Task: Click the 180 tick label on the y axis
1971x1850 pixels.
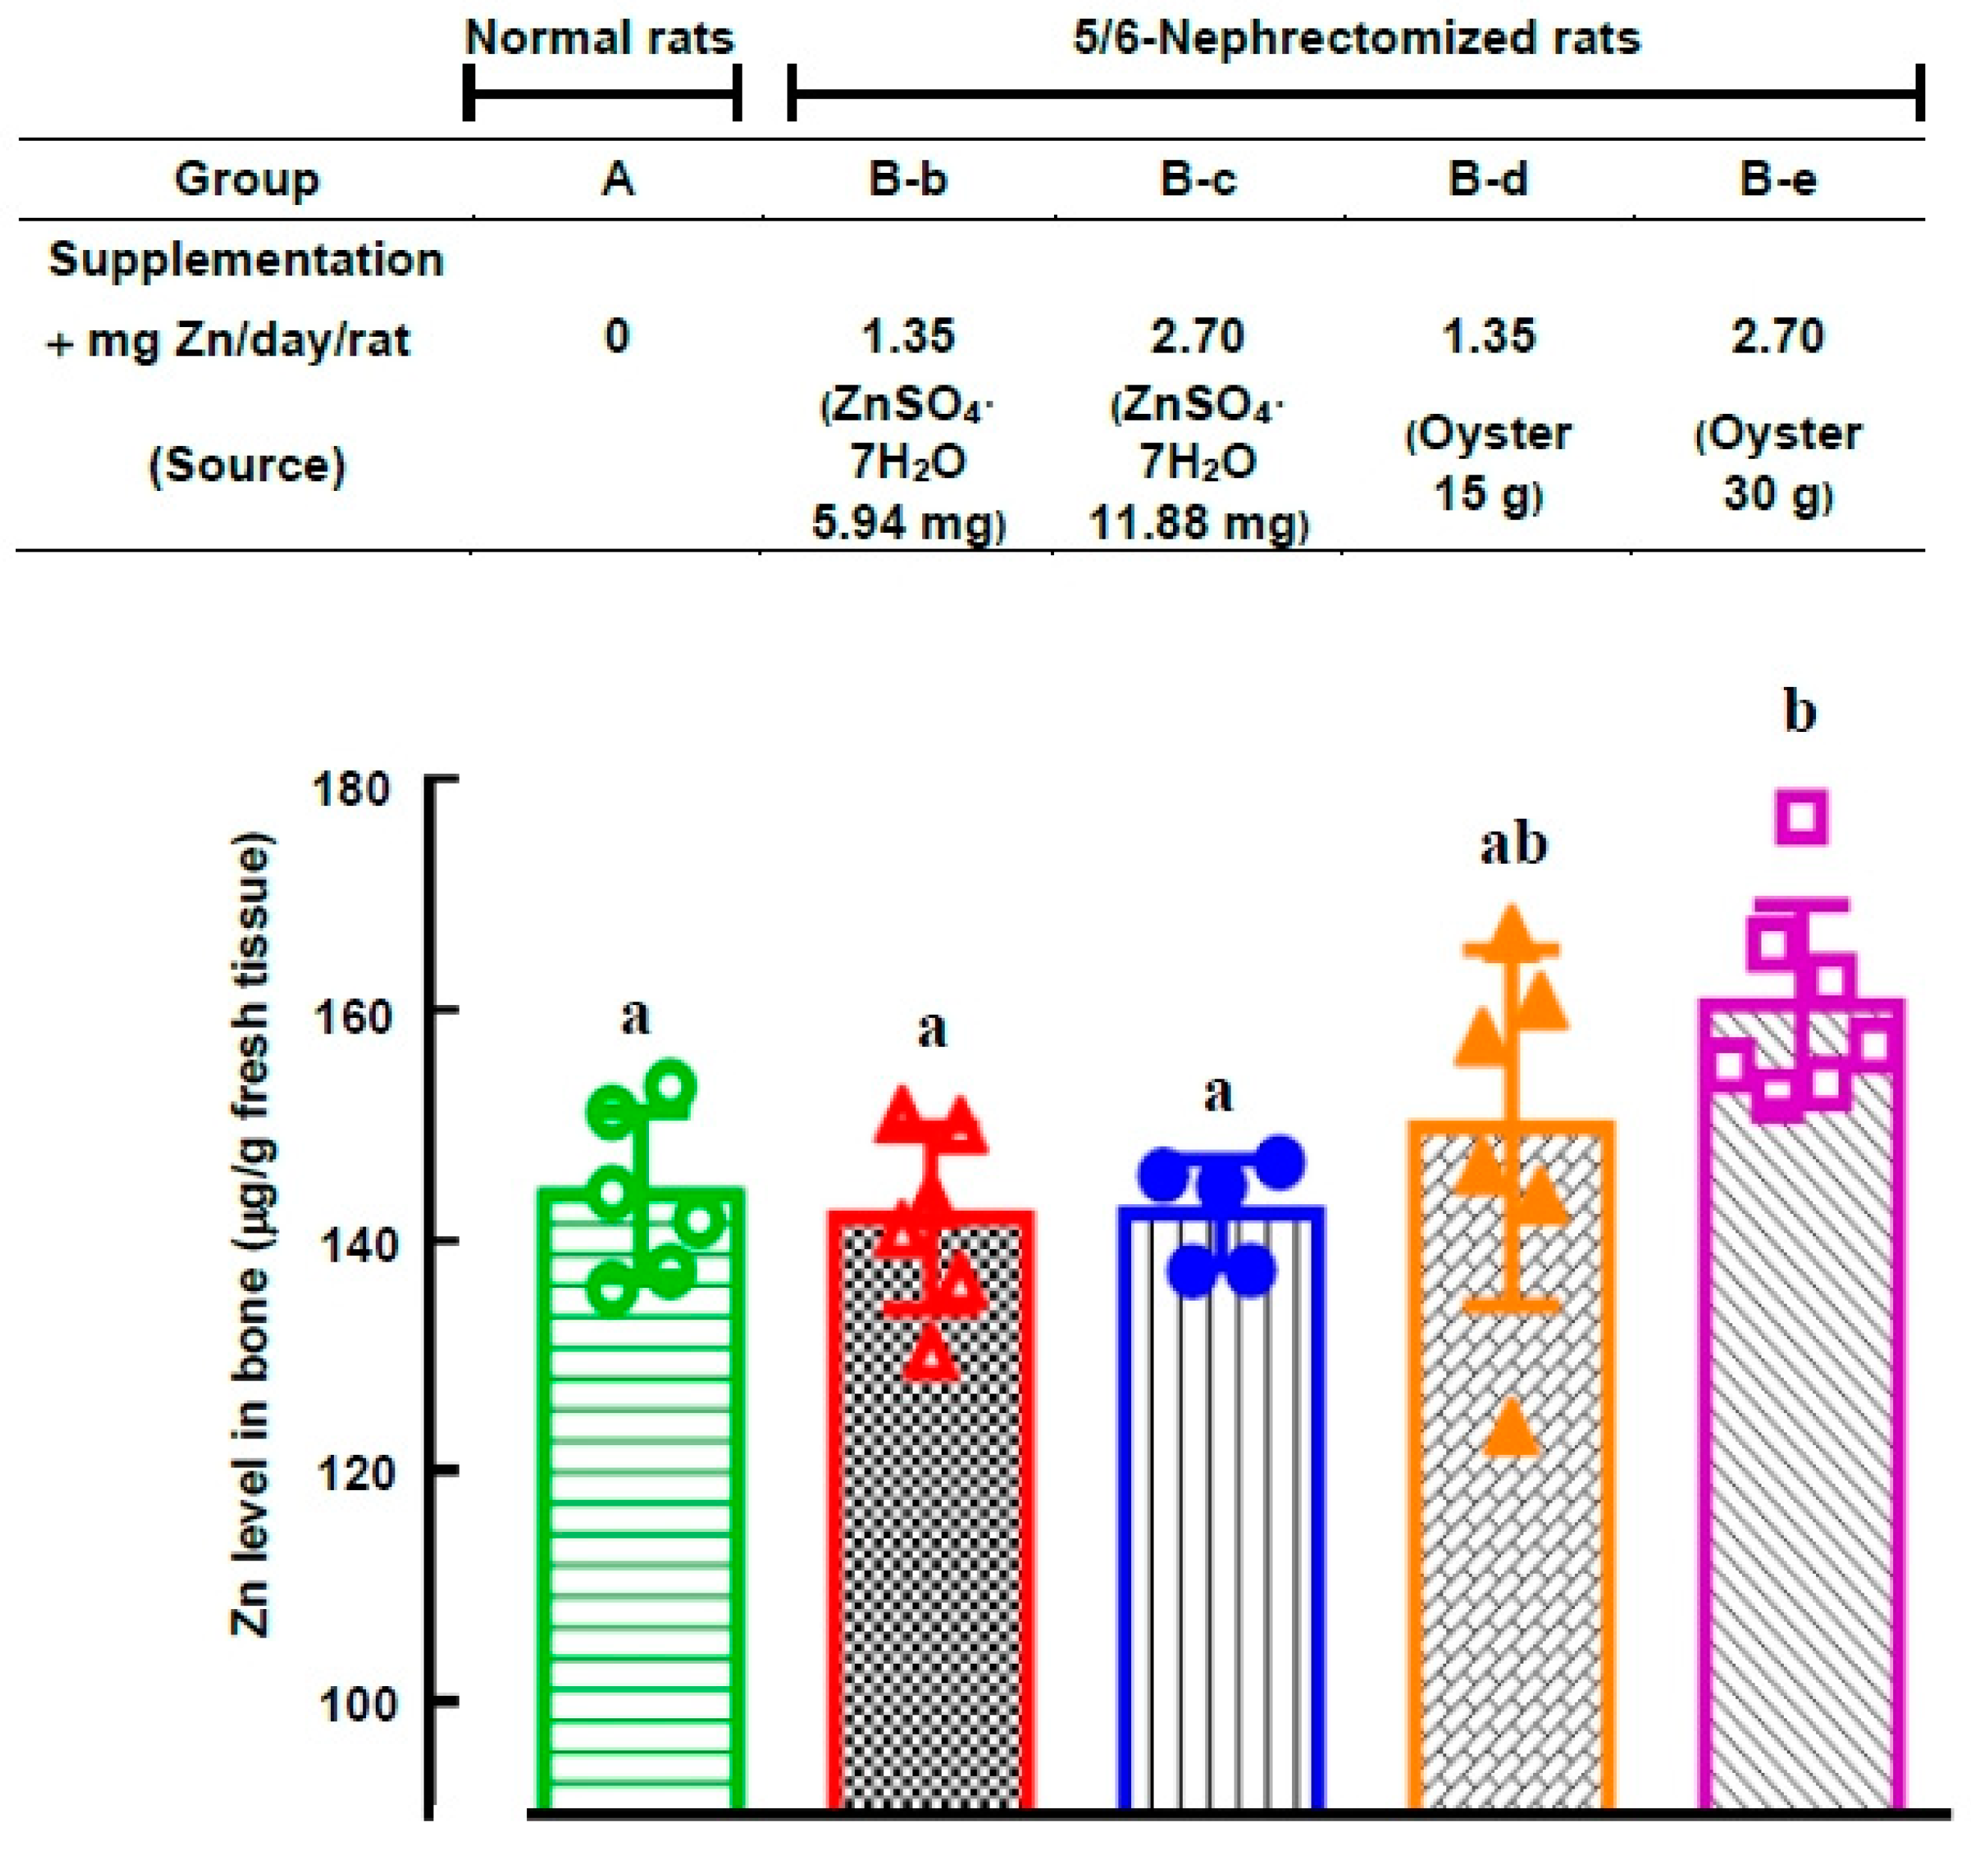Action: [x=350, y=790]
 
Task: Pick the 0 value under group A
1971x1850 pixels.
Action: [x=617, y=336]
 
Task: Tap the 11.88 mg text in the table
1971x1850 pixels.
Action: [x=1198, y=522]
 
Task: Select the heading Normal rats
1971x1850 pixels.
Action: [x=600, y=39]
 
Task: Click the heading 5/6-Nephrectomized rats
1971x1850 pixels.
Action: [x=1356, y=39]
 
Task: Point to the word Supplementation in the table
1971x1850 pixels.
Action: [x=246, y=260]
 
